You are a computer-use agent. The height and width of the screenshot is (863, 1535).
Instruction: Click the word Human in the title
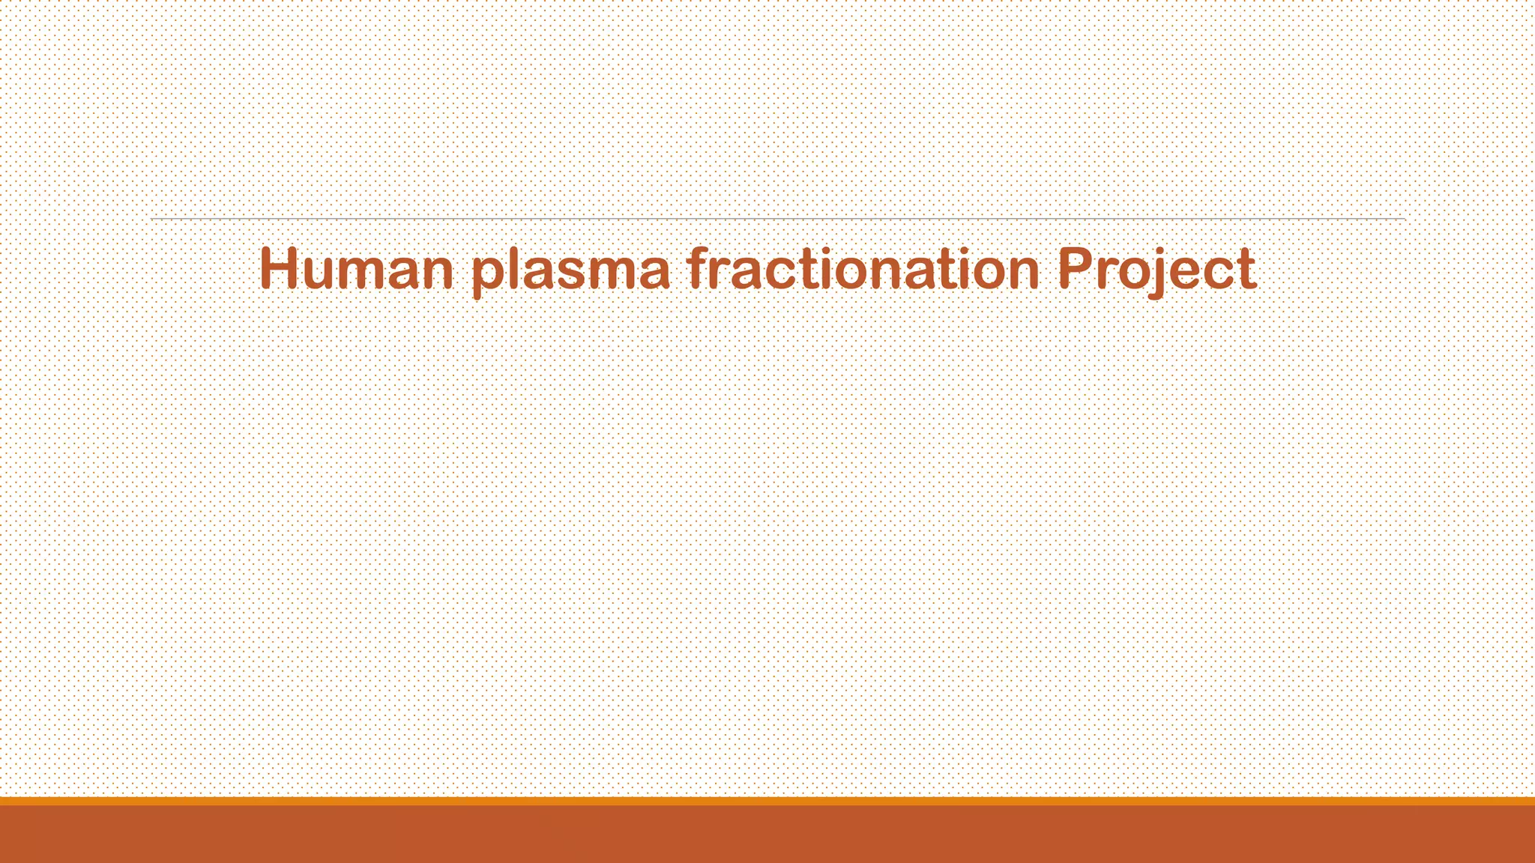[356, 270]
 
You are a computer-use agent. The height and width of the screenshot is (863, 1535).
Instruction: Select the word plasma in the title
[571, 271]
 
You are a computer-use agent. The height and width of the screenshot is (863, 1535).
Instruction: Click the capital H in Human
[280, 268]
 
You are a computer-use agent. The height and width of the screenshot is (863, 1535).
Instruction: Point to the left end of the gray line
[153, 219]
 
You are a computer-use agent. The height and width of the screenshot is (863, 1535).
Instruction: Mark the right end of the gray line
[1403, 219]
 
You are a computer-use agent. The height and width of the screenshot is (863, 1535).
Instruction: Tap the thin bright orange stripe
[767, 801]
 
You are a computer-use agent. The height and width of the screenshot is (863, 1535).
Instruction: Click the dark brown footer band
[767, 835]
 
